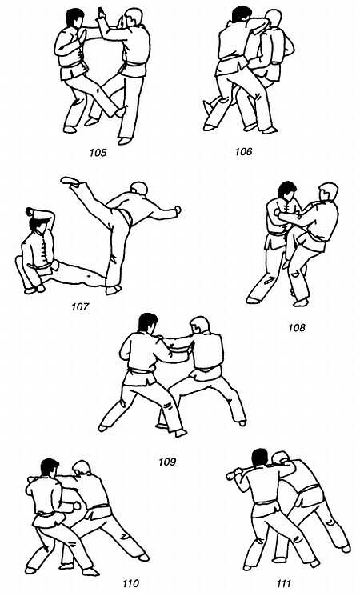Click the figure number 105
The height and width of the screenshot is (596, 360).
tap(98, 153)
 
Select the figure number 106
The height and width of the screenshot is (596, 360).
tap(243, 152)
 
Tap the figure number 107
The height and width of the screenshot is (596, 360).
tap(80, 306)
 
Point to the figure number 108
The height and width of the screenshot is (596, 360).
tap(297, 328)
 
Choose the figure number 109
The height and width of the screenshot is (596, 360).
tap(167, 462)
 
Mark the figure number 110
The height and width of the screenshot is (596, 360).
tap(130, 583)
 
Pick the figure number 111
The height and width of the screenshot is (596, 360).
tap(283, 583)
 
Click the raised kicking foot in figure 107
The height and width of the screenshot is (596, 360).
tap(70, 181)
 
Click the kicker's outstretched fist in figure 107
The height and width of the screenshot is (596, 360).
tap(177, 210)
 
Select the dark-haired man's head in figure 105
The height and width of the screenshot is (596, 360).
tap(74, 18)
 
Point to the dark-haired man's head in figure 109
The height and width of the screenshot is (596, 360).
tap(147, 323)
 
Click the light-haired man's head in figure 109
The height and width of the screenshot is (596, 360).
tap(199, 326)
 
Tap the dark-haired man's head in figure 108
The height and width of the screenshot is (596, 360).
tap(286, 191)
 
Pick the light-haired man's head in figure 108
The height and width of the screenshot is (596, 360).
tap(328, 192)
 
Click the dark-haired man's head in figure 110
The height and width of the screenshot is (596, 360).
tap(50, 468)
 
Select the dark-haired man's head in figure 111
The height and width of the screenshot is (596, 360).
tap(261, 458)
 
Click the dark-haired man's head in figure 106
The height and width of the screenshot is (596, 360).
tap(242, 15)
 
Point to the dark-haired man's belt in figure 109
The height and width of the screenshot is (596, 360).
tap(141, 370)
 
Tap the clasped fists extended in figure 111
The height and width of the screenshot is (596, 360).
tap(231, 474)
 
